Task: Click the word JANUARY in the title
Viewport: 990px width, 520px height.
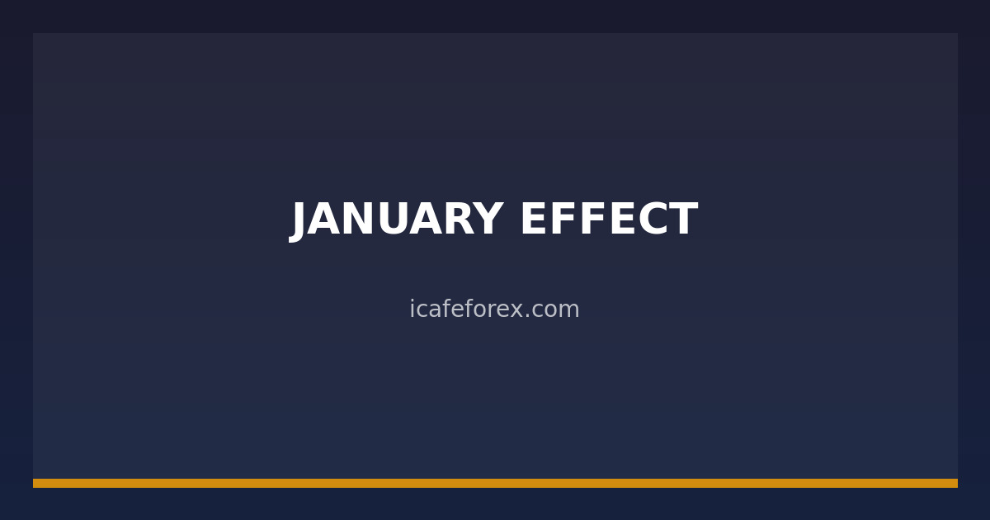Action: point(397,220)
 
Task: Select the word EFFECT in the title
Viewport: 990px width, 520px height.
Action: point(608,220)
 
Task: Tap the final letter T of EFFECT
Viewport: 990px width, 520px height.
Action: point(683,220)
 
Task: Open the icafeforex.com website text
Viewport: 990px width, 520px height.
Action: point(494,310)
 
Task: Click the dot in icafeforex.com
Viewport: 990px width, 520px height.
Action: point(528,316)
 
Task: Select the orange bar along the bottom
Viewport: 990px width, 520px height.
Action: point(495,483)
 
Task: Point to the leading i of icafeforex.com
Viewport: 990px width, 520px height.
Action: point(412,309)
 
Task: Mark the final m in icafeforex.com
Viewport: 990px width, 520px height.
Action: point(571,311)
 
